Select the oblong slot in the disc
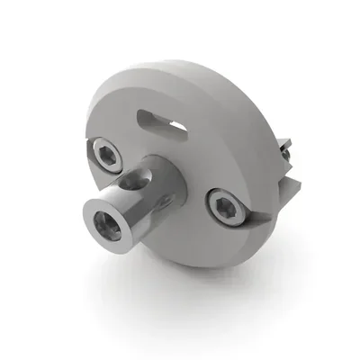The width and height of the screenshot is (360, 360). pos(160,121)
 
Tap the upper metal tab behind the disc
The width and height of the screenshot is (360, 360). pos(286,146)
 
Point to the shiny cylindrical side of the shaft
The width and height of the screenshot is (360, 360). pos(135,207)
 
